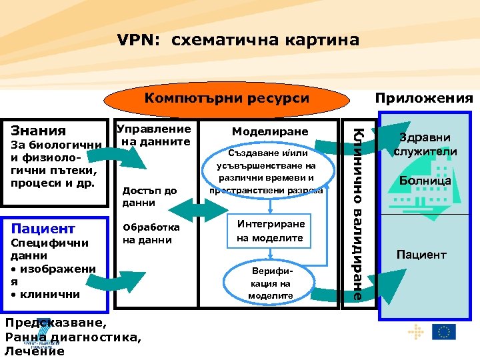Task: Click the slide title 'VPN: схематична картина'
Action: pos(238,40)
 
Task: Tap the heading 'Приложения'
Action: pos(423,99)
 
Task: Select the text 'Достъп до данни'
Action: pos(150,197)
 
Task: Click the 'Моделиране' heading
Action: pos(270,132)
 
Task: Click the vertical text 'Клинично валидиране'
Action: pos(358,213)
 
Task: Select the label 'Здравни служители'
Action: pos(425,145)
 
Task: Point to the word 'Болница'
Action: pos(425,181)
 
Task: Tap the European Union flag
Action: pos(443,331)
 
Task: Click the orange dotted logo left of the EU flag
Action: pos(415,331)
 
